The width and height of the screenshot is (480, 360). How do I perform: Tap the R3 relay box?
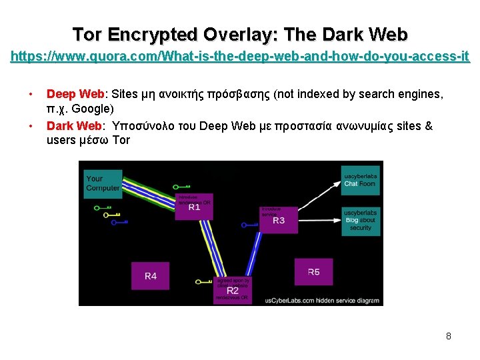[x=279, y=220]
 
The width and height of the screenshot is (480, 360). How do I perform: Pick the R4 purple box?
[x=150, y=275]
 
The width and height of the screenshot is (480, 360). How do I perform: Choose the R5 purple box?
[x=313, y=272]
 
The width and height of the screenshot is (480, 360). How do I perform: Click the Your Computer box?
[x=103, y=183]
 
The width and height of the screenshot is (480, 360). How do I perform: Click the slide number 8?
[x=449, y=336]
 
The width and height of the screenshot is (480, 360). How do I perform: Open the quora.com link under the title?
[x=240, y=58]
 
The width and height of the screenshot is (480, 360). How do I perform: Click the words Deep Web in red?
[x=75, y=94]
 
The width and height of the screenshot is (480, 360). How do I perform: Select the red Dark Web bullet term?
[x=74, y=125]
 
